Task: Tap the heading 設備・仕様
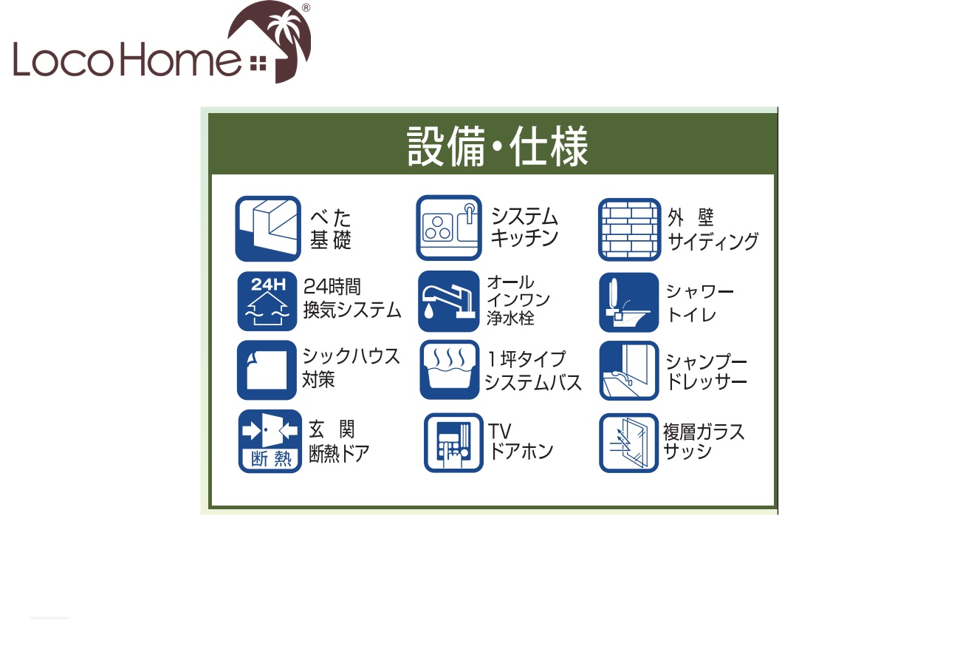click(x=497, y=146)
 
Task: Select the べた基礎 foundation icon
click(x=268, y=228)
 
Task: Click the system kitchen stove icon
click(x=449, y=228)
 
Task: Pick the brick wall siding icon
click(x=629, y=230)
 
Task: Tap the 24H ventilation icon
click(x=267, y=302)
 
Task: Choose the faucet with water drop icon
click(x=449, y=302)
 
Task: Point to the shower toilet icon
click(x=629, y=302)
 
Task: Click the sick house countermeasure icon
click(x=267, y=370)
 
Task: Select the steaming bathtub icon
click(x=450, y=370)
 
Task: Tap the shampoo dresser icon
click(x=629, y=370)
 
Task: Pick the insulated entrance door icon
click(x=270, y=441)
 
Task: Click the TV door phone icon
click(x=453, y=443)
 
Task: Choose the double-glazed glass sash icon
click(x=628, y=443)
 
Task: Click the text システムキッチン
click(x=524, y=227)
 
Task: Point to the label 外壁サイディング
click(x=713, y=230)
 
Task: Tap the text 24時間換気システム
click(x=352, y=299)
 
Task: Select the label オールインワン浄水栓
click(x=518, y=300)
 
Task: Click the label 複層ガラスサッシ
click(x=704, y=441)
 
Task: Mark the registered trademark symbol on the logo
click(x=306, y=7)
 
